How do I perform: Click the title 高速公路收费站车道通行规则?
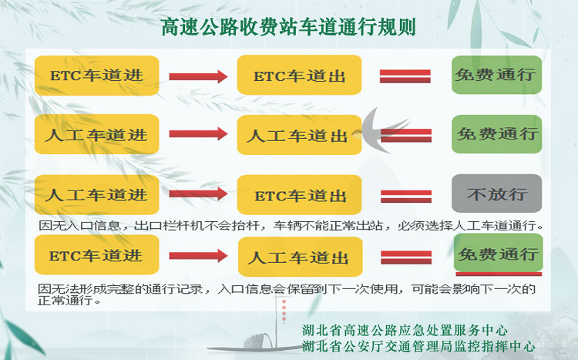point(289,27)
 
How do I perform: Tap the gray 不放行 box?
point(496,193)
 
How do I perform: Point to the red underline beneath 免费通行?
point(499,274)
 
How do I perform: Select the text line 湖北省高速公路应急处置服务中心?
point(405,330)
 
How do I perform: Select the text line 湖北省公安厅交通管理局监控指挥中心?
point(418,346)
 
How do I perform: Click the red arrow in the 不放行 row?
point(198,193)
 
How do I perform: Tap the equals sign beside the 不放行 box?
point(406,197)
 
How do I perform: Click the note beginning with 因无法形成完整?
point(287,294)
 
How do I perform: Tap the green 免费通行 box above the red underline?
point(499,254)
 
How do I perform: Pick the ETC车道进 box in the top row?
point(96,76)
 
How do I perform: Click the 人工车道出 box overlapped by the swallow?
point(299,135)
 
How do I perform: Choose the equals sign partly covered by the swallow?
point(406,136)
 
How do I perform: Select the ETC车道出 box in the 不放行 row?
point(299,195)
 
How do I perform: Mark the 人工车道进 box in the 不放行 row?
point(96,195)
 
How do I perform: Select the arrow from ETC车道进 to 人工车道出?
point(198,256)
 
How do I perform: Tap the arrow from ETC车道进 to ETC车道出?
point(198,76)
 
